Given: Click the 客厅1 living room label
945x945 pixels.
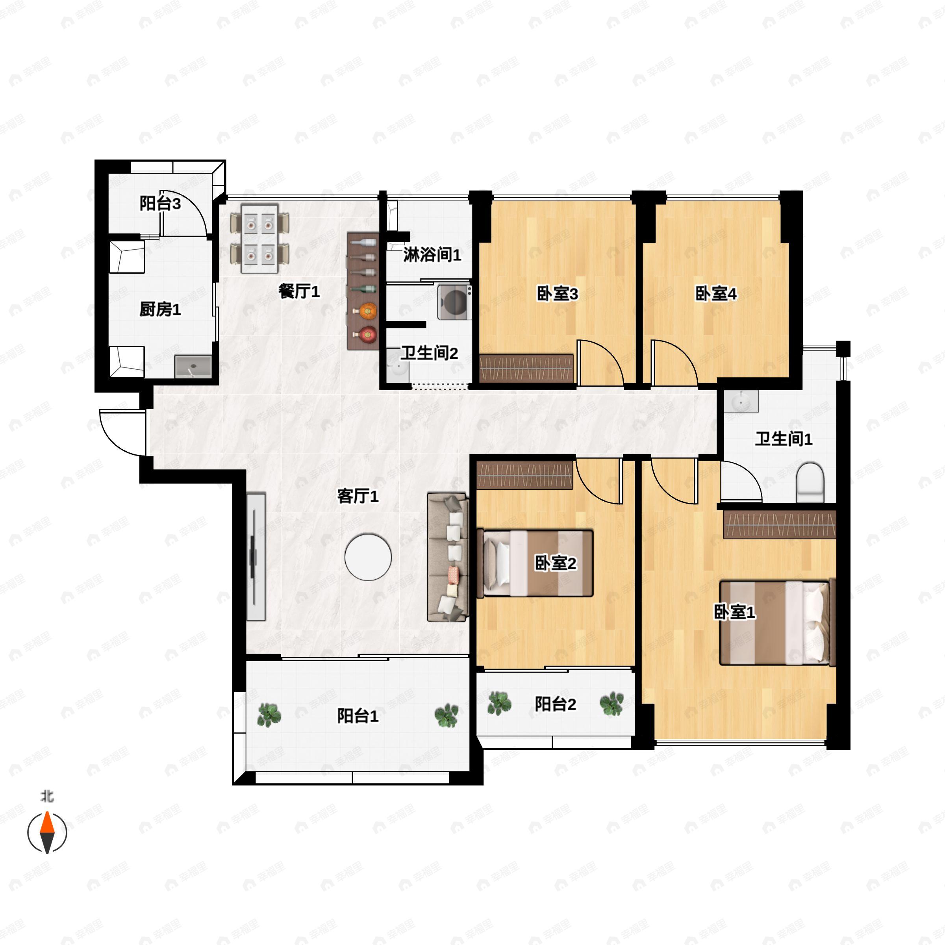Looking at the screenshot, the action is [358, 497].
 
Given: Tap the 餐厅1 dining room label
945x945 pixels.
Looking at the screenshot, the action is [299, 291].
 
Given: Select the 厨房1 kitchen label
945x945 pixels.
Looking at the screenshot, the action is [160, 309].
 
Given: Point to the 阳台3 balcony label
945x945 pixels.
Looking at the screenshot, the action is [160, 204].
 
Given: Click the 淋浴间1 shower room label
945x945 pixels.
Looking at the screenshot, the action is [432, 255].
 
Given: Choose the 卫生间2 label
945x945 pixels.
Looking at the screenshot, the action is [430, 353].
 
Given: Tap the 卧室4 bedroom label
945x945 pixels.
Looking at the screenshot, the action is [715, 294].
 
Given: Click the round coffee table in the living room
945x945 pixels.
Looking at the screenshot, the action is [368, 557].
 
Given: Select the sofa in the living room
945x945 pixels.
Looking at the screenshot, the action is [448, 557].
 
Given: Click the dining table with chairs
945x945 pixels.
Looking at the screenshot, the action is [260, 239].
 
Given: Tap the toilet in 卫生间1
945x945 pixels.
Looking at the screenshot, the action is [810, 483].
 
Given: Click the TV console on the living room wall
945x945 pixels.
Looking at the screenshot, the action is [255, 557].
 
